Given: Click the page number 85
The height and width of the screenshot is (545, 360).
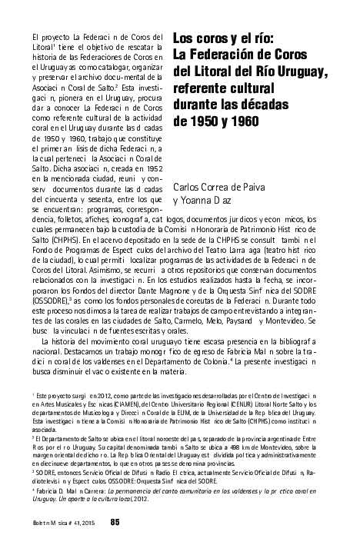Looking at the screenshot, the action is tap(115, 523).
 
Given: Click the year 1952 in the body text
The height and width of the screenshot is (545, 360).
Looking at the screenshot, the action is tap(152, 168).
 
